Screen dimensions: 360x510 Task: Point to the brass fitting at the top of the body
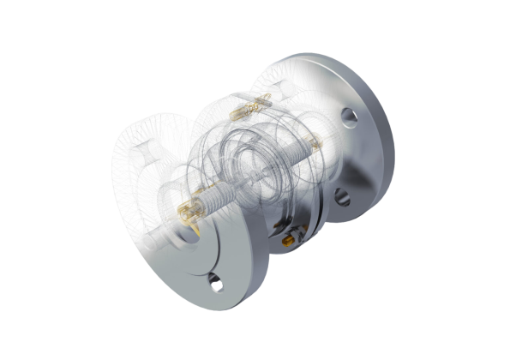pos(251,106)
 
